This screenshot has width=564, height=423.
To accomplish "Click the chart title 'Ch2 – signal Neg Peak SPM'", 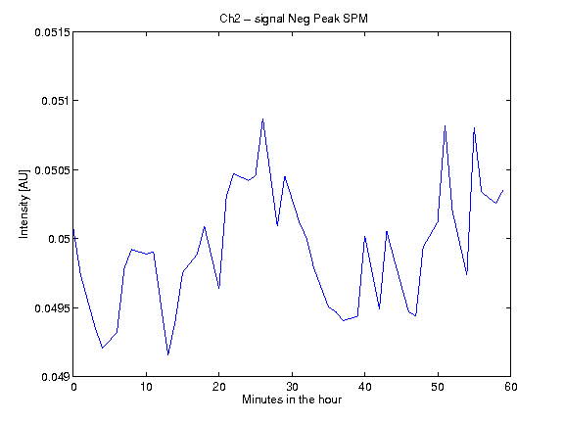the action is tap(294, 19).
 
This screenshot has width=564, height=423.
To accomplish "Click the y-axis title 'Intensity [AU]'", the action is tap(23, 204).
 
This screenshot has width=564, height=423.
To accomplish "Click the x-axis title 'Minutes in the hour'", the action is tap(292, 399).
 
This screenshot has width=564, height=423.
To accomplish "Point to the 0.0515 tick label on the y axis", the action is tap(52, 32).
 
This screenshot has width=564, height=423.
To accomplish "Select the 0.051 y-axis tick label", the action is tap(56, 101).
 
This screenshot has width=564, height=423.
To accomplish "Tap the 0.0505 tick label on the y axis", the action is tap(52, 169).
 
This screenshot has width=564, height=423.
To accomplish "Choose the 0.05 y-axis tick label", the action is tap(59, 239).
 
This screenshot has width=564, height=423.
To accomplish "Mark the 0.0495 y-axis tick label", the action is tap(52, 308).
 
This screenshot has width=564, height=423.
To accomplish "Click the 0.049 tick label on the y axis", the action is tap(56, 377).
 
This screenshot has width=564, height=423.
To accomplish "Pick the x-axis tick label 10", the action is tap(147, 387).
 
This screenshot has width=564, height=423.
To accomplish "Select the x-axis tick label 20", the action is tap(219, 387).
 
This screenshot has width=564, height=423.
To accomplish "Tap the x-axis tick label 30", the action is tap(292, 387).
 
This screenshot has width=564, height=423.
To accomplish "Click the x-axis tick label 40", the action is tap(364, 387).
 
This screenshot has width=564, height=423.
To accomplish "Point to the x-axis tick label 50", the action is tap(438, 387).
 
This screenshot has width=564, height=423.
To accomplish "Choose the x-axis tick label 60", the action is tap(511, 387).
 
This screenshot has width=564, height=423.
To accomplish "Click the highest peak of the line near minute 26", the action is tap(263, 119).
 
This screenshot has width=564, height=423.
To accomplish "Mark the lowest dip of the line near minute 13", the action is tap(168, 354).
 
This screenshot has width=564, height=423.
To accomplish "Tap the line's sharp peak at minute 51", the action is tap(445, 126).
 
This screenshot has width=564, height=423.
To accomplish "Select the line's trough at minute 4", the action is tap(103, 348).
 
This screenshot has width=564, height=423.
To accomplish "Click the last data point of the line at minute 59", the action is tap(503, 190).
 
